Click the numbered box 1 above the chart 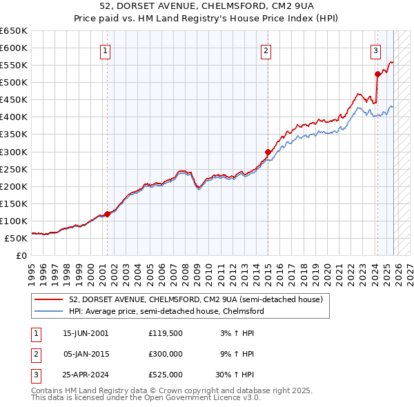106,50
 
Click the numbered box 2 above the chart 266,50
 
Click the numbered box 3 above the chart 375,50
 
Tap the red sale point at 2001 107,214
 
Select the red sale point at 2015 267,152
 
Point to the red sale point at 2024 377,74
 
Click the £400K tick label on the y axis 14,117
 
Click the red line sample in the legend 48,299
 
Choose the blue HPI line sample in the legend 48,311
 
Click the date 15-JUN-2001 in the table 86,333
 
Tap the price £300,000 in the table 166,354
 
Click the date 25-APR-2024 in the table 86,375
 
